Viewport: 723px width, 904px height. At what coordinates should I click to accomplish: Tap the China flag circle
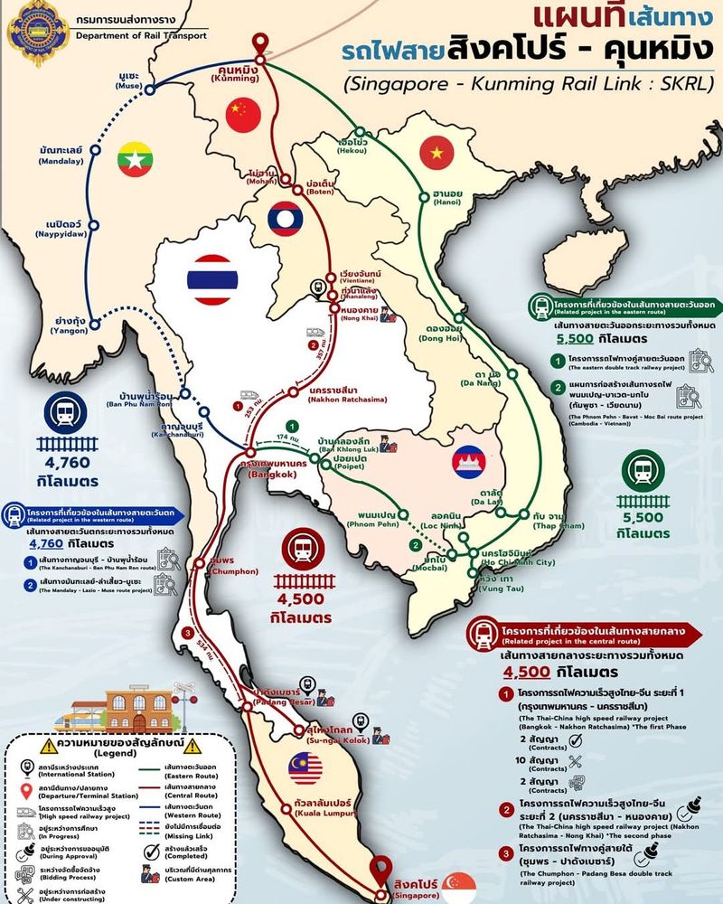(x=242, y=113)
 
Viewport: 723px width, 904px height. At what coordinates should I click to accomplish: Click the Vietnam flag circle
(x=437, y=153)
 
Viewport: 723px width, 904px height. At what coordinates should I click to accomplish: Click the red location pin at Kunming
(x=262, y=43)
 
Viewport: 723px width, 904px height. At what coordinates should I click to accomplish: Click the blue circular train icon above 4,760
(x=67, y=414)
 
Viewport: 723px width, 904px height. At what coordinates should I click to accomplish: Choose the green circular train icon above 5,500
(x=643, y=470)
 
